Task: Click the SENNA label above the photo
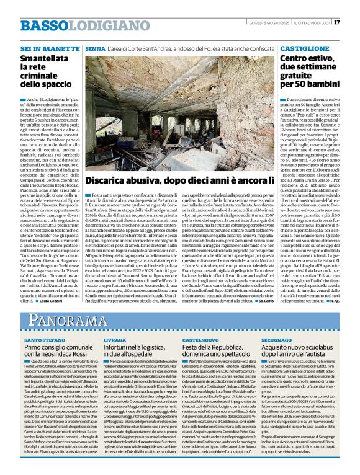tap(96, 48)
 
